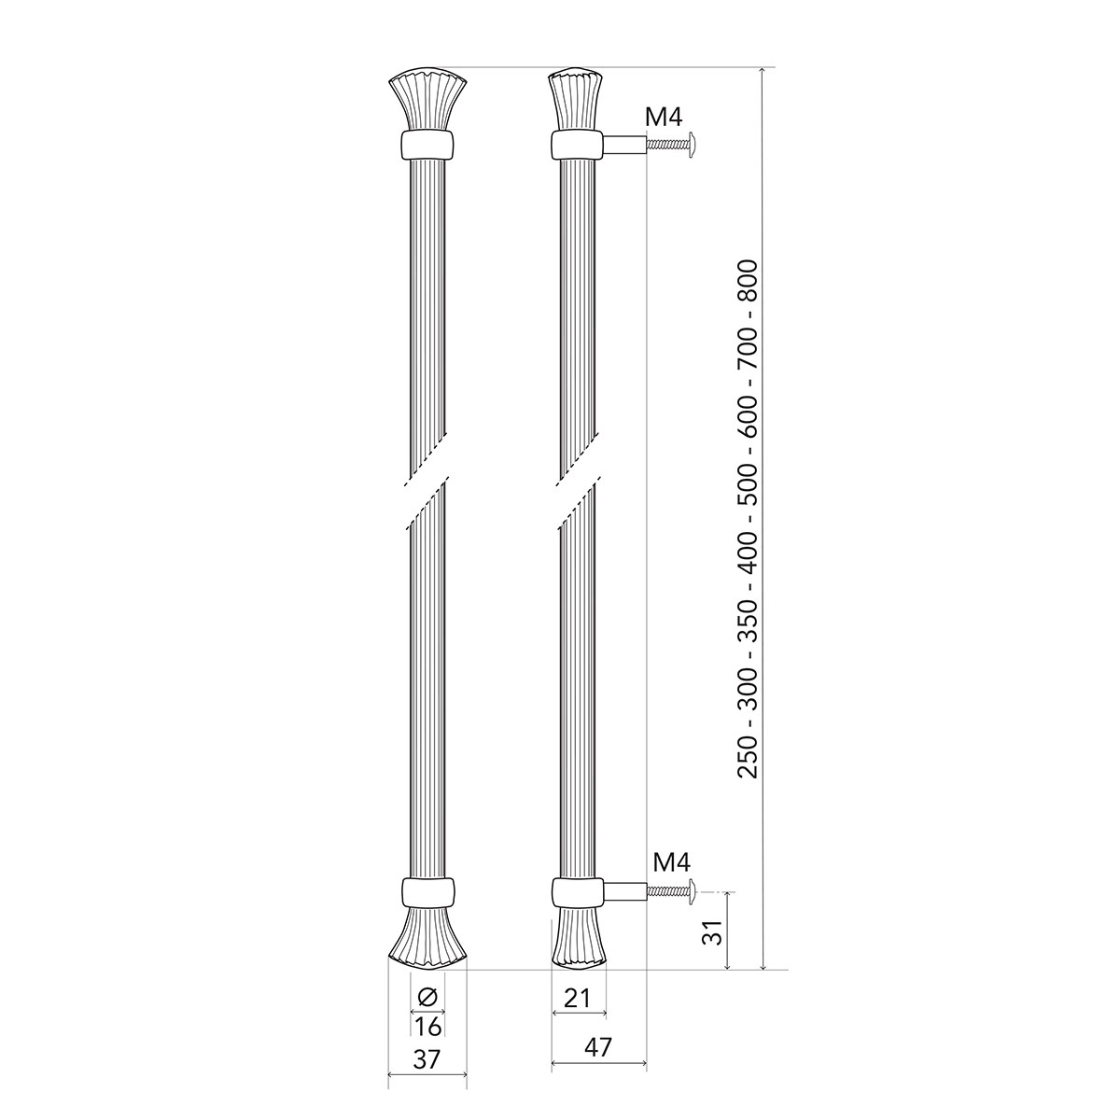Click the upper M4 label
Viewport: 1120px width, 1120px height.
664,118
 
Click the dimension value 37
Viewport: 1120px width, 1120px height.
427,1077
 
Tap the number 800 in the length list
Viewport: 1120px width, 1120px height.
748,281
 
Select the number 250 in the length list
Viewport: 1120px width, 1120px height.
748,756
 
